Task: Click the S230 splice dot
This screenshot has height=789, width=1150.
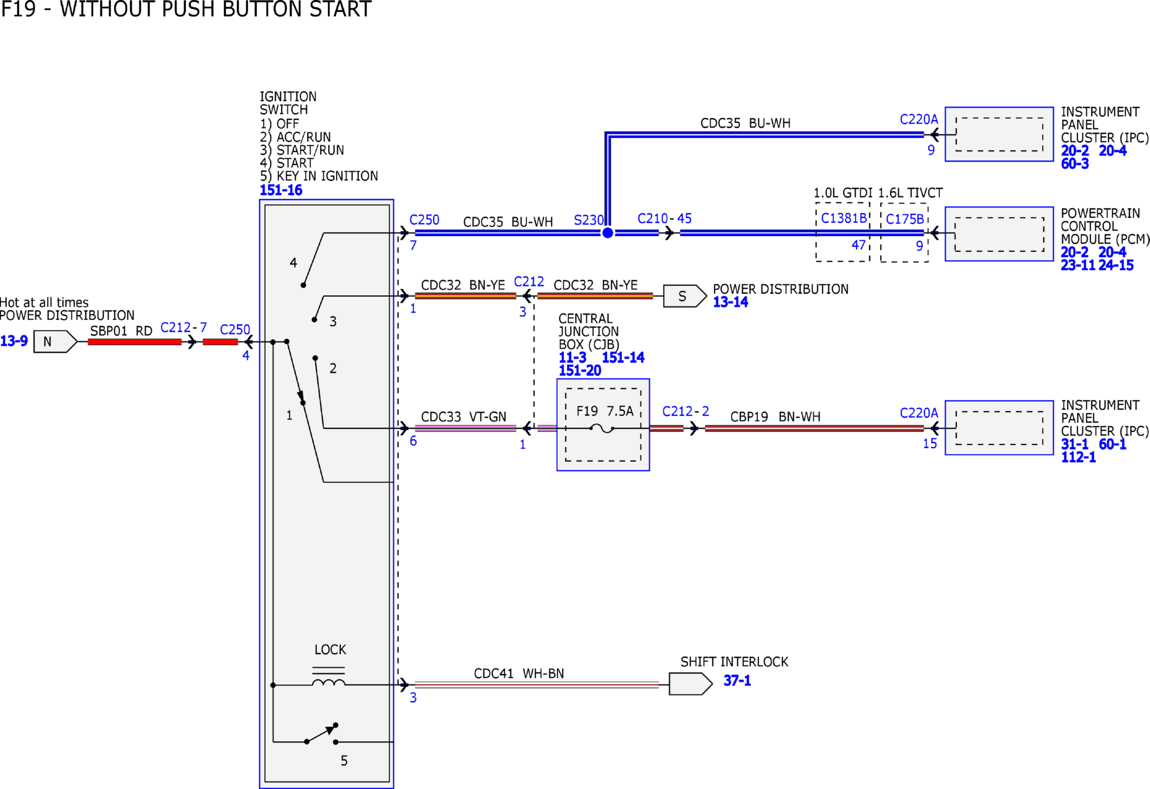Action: coord(607,233)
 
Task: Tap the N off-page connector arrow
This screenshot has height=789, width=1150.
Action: coord(55,342)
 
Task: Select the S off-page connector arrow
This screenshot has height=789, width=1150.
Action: coord(685,296)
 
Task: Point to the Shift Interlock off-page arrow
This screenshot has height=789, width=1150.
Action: coord(691,684)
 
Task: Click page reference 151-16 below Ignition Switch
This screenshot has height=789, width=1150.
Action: coord(281,191)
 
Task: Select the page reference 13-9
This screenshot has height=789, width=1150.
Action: coord(14,341)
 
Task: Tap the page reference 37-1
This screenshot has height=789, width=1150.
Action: coord(737,681)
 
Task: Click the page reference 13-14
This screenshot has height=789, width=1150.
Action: coord(730,302)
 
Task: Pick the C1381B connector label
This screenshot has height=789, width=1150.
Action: coord(843,218)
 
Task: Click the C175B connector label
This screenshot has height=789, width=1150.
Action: coord(905,219)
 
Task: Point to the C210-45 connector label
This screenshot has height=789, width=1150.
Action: coord(665,219)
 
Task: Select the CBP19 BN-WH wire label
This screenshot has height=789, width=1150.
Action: coord(775,417)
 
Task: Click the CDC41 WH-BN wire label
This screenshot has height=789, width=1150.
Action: coord(519,674)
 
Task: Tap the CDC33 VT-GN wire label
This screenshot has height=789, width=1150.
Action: coord(464,417)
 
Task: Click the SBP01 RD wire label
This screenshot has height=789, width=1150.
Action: coord(121,331)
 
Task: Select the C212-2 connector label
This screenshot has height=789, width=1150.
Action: coord(686,411)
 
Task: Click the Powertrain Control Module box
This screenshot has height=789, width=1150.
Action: coord(999,234)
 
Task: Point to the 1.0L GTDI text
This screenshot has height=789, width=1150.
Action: coord(843,193)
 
